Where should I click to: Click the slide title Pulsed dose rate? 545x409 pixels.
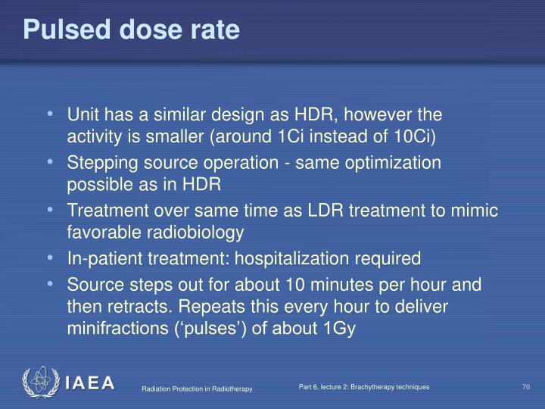131,30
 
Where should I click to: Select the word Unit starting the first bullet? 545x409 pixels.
83,115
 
